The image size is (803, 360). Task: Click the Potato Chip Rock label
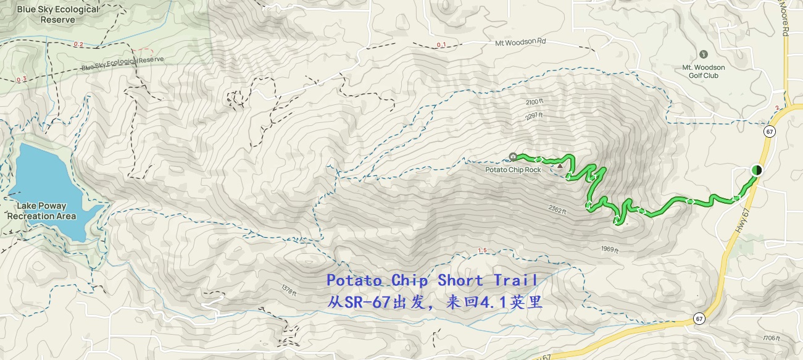[x=513, y=170]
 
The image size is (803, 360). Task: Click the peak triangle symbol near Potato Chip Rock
[x=560, y=165]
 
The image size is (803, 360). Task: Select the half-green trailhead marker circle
[x=757, y=170]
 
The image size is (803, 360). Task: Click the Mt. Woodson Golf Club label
[x=704, y=71]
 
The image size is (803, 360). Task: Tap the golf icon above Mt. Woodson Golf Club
[x=704, y=55]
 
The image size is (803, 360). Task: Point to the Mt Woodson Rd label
[x=521, y=43]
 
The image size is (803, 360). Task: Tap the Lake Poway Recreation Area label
[x=42, y=212]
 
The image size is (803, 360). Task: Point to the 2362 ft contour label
[x=556, y=209]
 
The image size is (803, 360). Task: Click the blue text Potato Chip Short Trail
[x=432, y=280]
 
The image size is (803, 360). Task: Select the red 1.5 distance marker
[x=483, y=251]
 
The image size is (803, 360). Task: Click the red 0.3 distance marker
[x=22, y=79]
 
